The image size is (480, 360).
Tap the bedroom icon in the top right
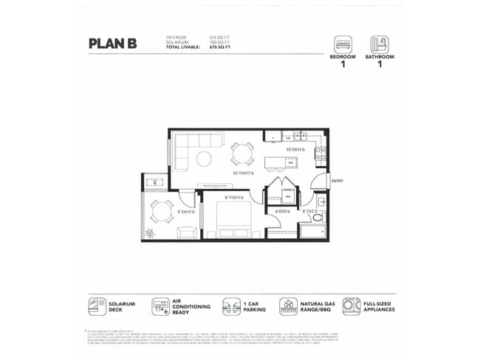click(x=343, y=44)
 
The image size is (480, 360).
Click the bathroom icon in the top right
click(x=379, y=44)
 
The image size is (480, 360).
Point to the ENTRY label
click(x=337, y=181)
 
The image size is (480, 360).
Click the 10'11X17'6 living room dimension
click(x=243, y=174)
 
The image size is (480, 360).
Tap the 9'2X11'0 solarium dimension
click(x=186, y=212)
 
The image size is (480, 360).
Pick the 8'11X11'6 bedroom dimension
click(x=237, y=198)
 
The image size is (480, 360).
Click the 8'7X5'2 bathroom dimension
click(x=309, y=212)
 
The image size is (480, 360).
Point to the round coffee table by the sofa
click(x=203, y=158)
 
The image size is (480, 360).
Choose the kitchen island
click(x=281, y=162)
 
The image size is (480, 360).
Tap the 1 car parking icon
click(x=233, y=307)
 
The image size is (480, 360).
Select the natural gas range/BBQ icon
click(x=289, y=307)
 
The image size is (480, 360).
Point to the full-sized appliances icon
click(x=352, y=307)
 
